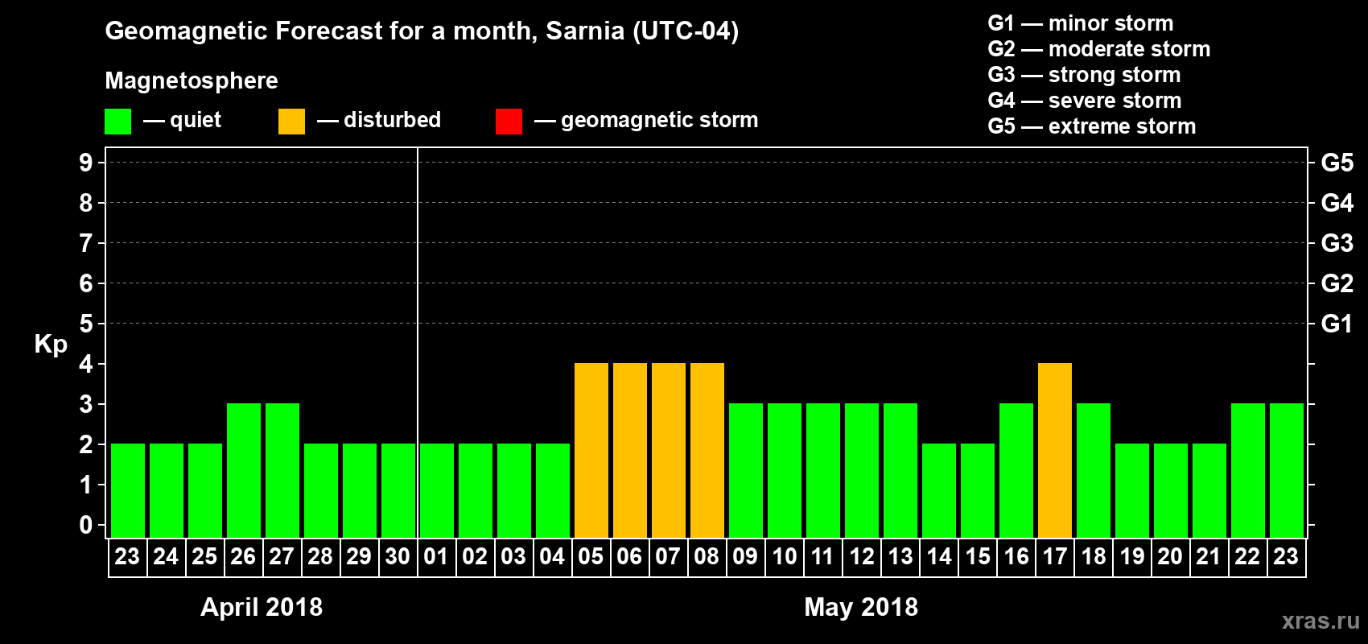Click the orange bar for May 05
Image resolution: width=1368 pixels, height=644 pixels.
pos(591,450)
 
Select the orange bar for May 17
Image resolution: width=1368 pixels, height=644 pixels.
pos(1055,450)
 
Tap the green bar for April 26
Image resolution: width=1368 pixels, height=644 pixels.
pos(244,470)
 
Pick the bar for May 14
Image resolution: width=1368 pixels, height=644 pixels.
pos(939,490)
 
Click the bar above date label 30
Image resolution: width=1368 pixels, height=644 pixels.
pos(398,490)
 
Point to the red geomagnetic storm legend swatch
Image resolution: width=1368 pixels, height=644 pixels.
pos(509,122)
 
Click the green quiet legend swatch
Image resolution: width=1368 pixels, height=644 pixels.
pos(117,122)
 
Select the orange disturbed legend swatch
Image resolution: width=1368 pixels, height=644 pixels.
pos(291,122)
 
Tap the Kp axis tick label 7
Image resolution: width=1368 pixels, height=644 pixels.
pos(86,243)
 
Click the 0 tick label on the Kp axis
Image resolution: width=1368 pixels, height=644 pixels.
pos(86,525)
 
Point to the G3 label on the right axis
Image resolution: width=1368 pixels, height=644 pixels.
pos(1337,243)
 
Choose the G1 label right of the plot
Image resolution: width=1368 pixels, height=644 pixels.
pos(1337,324)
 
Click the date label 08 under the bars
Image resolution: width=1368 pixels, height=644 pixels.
pos(707,556)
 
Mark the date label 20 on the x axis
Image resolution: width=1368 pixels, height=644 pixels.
pos(1170,556)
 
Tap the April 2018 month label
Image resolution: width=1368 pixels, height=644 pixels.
pos(262,607)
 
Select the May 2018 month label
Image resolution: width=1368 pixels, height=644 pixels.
pos(861,607)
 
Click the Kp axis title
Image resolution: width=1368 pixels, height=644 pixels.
pos(51,344)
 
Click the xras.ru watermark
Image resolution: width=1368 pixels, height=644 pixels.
pos(1321,620)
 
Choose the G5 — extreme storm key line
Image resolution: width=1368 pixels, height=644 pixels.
pos(1091,126)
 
